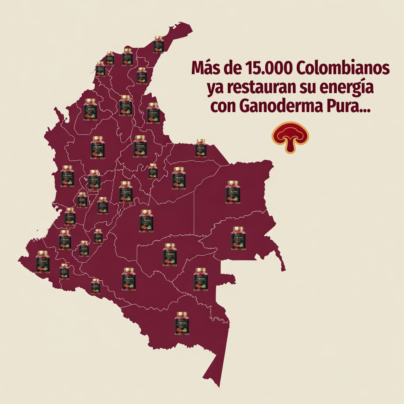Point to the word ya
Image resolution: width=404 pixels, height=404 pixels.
[215, 88]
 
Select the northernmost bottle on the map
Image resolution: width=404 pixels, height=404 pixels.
[158, 44]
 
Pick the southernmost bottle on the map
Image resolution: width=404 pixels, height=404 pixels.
[182, 323]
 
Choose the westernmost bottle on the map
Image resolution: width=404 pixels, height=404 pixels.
[43, 262]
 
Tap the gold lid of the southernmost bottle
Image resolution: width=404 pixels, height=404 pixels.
[182, 314]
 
